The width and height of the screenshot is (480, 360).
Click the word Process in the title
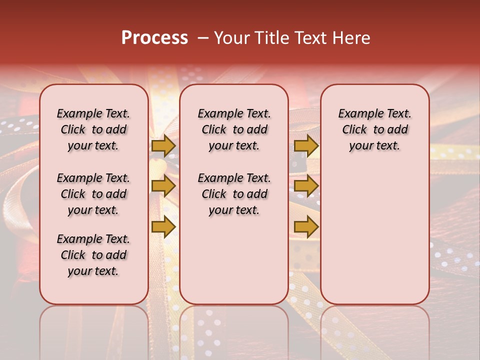(154, 38)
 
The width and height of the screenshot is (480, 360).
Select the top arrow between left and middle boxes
(163, 145)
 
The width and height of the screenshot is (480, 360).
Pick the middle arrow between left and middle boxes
(163, 186)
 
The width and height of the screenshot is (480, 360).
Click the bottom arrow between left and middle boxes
(163, 226)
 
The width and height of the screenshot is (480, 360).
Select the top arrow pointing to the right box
(306, 145)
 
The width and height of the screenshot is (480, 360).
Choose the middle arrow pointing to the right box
(306, 186)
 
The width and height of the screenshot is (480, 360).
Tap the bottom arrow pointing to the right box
(306, 226)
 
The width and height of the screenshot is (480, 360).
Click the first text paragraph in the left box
(93, 129)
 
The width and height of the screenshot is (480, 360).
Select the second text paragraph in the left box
(93, 194)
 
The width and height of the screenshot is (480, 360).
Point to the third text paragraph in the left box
(93, 255)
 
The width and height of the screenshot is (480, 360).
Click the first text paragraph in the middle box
(234, 129)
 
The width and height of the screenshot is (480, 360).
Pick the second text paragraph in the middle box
(234, 194)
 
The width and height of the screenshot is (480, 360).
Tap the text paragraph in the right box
(374, 129)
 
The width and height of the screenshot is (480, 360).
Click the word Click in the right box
(354, 130)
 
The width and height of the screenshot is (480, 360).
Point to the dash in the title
(203, 38)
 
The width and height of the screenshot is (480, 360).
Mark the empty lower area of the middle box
(234, 260)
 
